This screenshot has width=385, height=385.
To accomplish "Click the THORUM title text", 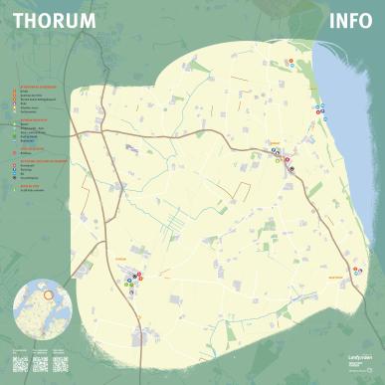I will (54, 20).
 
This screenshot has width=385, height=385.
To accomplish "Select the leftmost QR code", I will (22, 363).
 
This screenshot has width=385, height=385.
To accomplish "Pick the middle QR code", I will (41, 363).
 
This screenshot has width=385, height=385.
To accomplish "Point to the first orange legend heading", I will (36, 87).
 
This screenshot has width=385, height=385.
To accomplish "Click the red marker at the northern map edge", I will (290, 61).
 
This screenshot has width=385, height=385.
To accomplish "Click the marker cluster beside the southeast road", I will (289, 162).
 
